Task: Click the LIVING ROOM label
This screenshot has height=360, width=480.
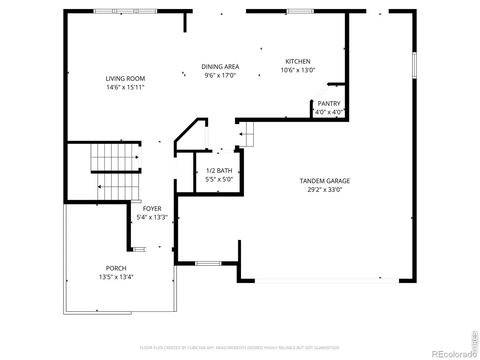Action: [x=125, y=79]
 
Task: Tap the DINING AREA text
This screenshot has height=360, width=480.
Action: [x=220, y=67]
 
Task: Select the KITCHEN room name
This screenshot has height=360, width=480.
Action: [x=298, y=61]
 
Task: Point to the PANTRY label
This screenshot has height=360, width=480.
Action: [x=329, y=103]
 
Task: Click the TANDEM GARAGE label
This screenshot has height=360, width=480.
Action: [x=325, y=181]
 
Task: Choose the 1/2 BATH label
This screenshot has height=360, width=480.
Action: [x=219, y=170]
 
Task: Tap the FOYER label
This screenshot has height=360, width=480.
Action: [x=152, y=208]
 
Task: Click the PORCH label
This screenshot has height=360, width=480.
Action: [x=116, y=268]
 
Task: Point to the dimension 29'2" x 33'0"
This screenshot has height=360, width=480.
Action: [x=325, y=190]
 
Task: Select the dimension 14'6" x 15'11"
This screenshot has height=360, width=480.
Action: [x=125, y=87]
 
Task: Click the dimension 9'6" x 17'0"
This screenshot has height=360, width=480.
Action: [x=220, y=75]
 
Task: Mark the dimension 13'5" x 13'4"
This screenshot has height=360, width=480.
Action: [x=116, y=277]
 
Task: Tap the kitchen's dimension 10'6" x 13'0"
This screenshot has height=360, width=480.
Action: [x=298, y=70]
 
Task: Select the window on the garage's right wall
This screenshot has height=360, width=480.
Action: [x=414, y=65]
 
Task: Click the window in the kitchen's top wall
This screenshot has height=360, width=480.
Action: [x=300, y=11]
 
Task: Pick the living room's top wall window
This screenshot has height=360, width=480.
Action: [x=125, y=11]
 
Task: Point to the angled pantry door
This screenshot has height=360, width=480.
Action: [x=320, y=92]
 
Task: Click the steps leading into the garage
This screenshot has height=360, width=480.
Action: [x=246, y=134]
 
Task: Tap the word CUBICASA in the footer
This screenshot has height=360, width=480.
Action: [x=196, y=348]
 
